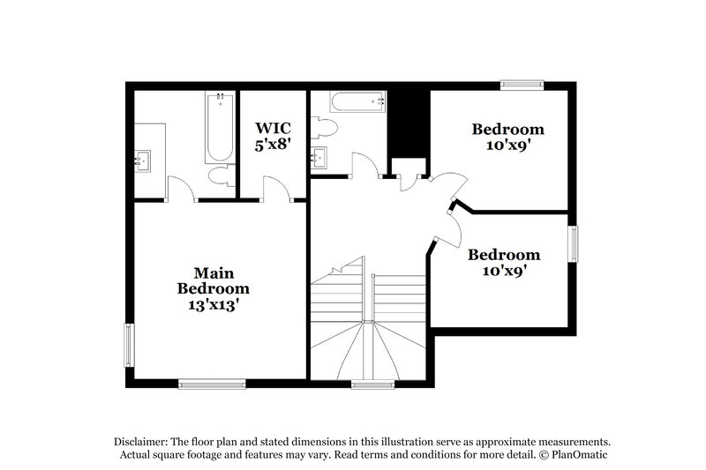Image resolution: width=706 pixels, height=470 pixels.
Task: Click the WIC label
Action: pos(274,129)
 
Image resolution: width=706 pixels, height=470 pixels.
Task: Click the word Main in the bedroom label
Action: pos(213,272)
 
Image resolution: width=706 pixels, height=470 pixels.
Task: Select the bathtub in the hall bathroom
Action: pos(357,102)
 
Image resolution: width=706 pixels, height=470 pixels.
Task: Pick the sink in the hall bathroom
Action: pos(319,159)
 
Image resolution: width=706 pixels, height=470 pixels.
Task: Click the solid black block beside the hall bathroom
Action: pos(408,123)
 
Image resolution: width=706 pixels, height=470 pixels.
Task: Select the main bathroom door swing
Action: pos(180,187)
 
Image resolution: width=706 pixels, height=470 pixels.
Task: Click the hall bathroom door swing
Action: pos(364,164)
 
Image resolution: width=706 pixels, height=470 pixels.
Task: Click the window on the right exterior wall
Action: pos(573,244)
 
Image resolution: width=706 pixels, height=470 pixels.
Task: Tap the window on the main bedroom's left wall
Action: pos(128,346)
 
